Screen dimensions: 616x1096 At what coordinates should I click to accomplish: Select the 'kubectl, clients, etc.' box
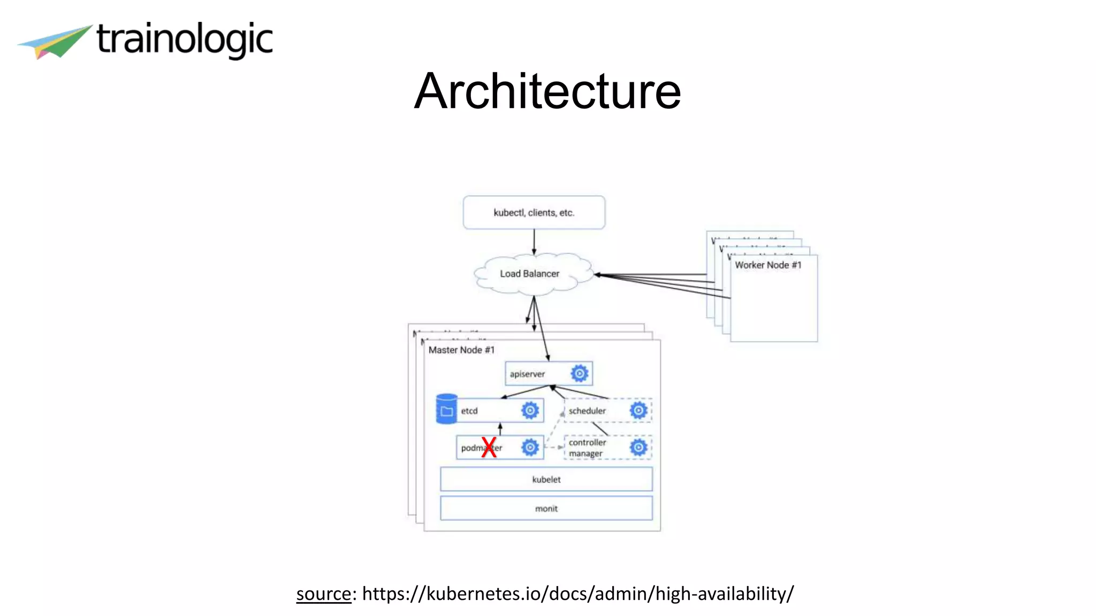[x=534, y=212]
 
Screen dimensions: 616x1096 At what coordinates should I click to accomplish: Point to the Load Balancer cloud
[x=530, y=274]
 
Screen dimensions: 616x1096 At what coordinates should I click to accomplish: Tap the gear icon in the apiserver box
[x=579, y=373]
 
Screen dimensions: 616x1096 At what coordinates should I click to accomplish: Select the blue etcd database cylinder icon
[x=446, y=410]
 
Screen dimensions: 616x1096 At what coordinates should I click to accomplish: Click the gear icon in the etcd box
[x=530, y=410]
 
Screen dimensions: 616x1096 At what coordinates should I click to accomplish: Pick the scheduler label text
[x=587, y=411]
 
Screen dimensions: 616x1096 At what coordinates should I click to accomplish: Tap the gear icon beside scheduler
[x=638, y=410]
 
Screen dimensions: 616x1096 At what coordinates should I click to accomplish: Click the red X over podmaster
[x=489, y=447]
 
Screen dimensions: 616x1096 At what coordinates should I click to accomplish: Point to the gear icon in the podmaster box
[x=530, y=447]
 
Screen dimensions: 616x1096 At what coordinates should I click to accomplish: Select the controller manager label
[x=587, y=448]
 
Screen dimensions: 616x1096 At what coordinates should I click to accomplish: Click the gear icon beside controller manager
[x=638, y=448]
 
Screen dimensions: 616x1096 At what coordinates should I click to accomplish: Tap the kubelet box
[x=546, y=479]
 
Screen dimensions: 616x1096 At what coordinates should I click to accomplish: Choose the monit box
[x=546, y=509]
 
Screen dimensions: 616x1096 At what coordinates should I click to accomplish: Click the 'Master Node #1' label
[x=461, y=350]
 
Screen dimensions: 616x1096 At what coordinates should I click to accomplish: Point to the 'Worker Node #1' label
[x=768, y=265]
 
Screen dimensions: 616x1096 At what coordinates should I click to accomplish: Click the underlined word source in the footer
[x=323, y=594]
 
